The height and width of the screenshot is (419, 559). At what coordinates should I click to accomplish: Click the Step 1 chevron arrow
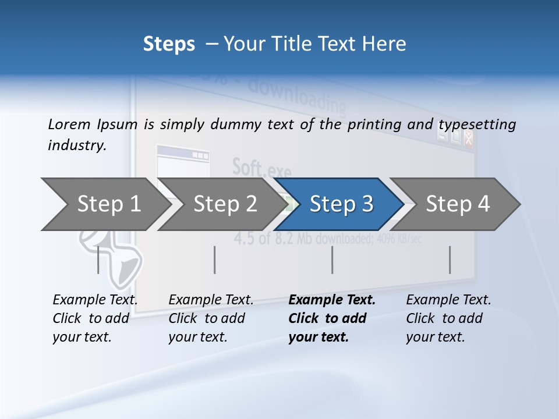point(105,204)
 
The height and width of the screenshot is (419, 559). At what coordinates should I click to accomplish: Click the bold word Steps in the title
point(169,44)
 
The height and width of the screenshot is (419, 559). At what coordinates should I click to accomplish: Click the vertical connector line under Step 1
point(98,260)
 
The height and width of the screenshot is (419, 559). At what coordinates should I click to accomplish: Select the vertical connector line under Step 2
point(215,260)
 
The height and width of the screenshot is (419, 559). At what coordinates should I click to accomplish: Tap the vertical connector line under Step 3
point(332,260)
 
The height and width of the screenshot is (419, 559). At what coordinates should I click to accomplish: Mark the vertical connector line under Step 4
point(450,260)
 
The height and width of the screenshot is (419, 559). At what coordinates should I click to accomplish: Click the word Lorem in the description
point(69,124)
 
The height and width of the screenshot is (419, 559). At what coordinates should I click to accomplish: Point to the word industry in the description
point(77,145)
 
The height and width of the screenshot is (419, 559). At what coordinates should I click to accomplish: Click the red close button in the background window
point(468,139)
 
